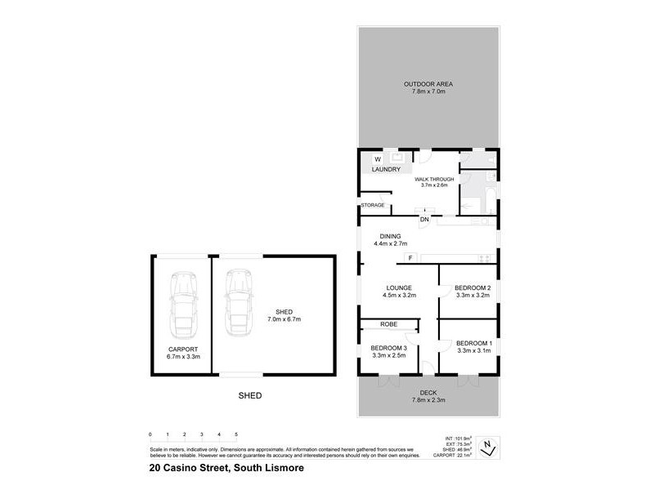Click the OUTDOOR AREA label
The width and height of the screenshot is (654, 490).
(428, 84)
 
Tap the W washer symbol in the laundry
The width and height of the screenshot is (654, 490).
(378, 159)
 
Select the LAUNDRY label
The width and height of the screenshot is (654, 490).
(386, 170)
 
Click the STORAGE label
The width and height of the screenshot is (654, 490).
(373, 205)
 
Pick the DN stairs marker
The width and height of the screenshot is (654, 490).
(425, 220)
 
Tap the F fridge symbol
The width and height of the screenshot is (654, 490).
(410, 259)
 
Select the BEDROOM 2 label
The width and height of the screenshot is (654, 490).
(473, 287)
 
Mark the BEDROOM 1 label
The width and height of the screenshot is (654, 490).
(473, 342)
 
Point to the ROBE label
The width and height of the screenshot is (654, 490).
(389, 324)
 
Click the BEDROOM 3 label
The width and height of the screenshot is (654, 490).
(389, 348)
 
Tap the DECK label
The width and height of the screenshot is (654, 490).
(428, 393)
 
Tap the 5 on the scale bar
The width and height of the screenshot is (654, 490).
(235, 434)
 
